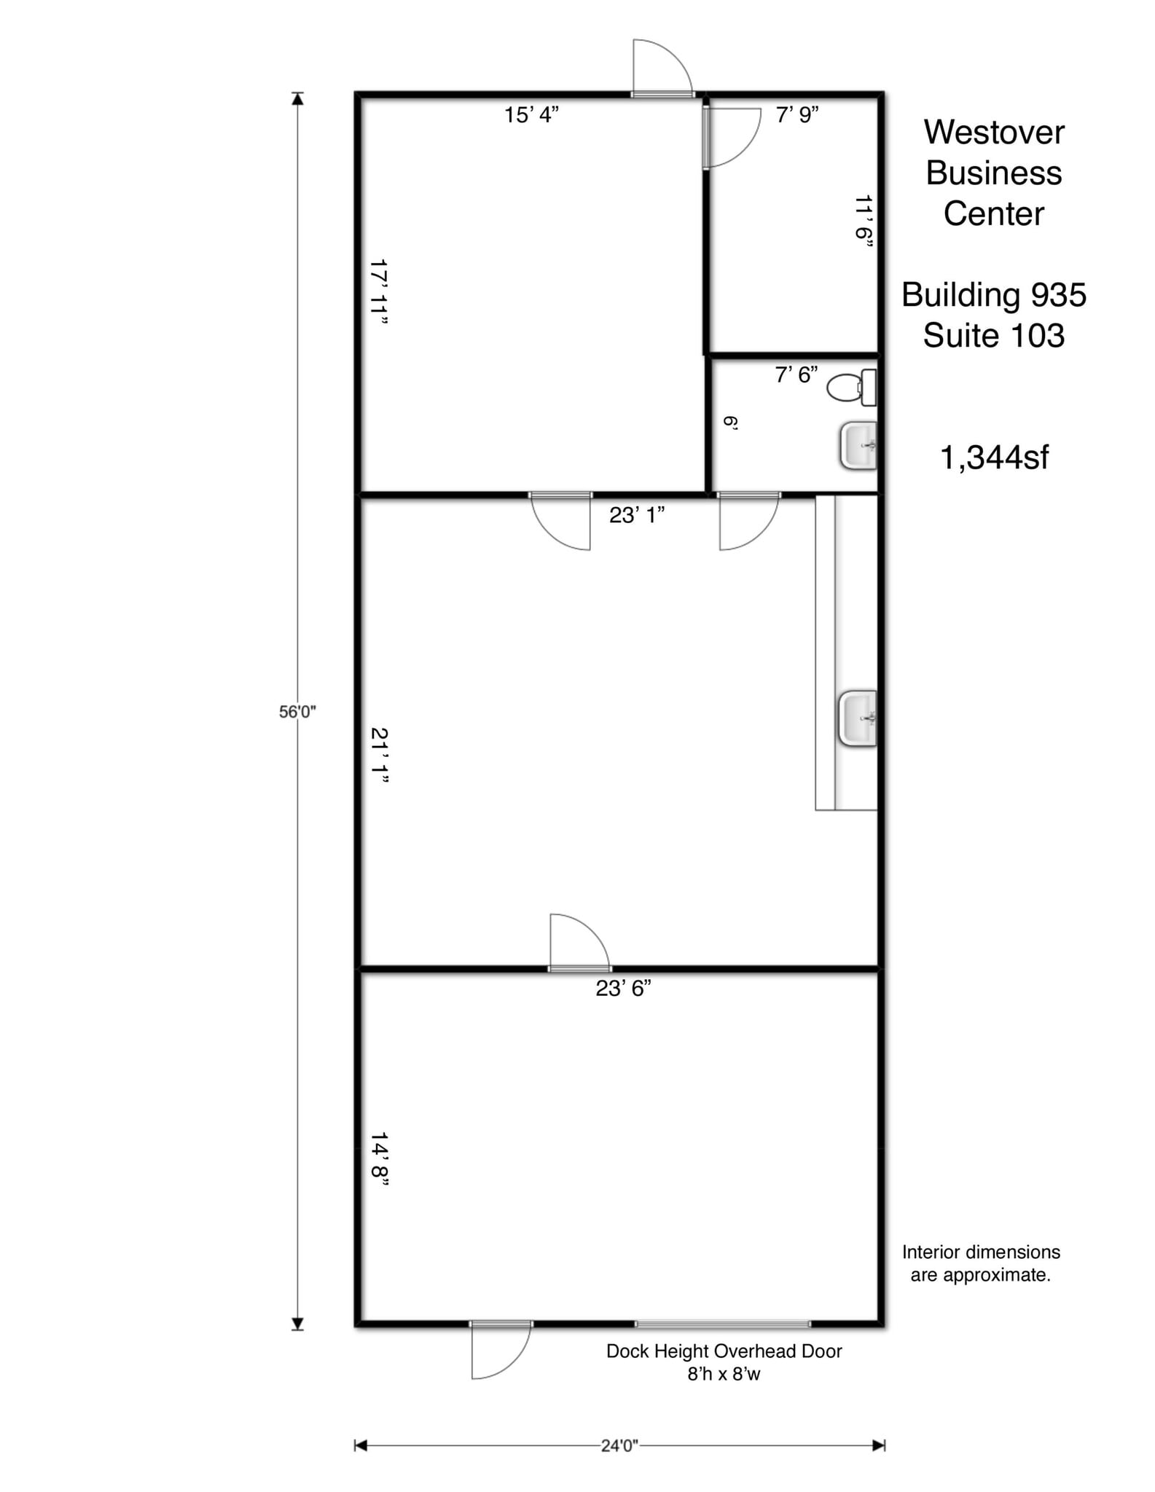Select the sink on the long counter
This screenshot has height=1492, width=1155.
tap(858, 718)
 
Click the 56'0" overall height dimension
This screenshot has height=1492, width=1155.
tap(297, 712)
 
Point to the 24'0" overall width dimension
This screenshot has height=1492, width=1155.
tap(619, 1445)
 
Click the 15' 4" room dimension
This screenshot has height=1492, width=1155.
tap(531, 115)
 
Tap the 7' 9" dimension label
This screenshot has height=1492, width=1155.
tap(797, 115)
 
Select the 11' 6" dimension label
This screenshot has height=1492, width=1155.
tap(864, 222)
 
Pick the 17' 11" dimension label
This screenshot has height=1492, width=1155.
tap(378, 292)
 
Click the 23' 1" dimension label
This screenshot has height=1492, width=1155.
tap(637, 515)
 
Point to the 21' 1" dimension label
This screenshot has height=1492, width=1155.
tap(378, 755)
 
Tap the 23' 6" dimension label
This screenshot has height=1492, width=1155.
tap(623, 989)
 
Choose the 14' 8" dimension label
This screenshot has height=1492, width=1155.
tap(378, 1158)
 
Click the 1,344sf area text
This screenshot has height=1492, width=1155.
tap(994, 458)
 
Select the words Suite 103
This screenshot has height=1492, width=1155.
tap(993, 336)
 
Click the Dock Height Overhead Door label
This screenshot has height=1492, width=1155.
tap(724, 1351)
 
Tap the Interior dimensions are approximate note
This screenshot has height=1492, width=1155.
tap(981, 1263)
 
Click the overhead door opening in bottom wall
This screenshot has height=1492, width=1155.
tap(723, 1324)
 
